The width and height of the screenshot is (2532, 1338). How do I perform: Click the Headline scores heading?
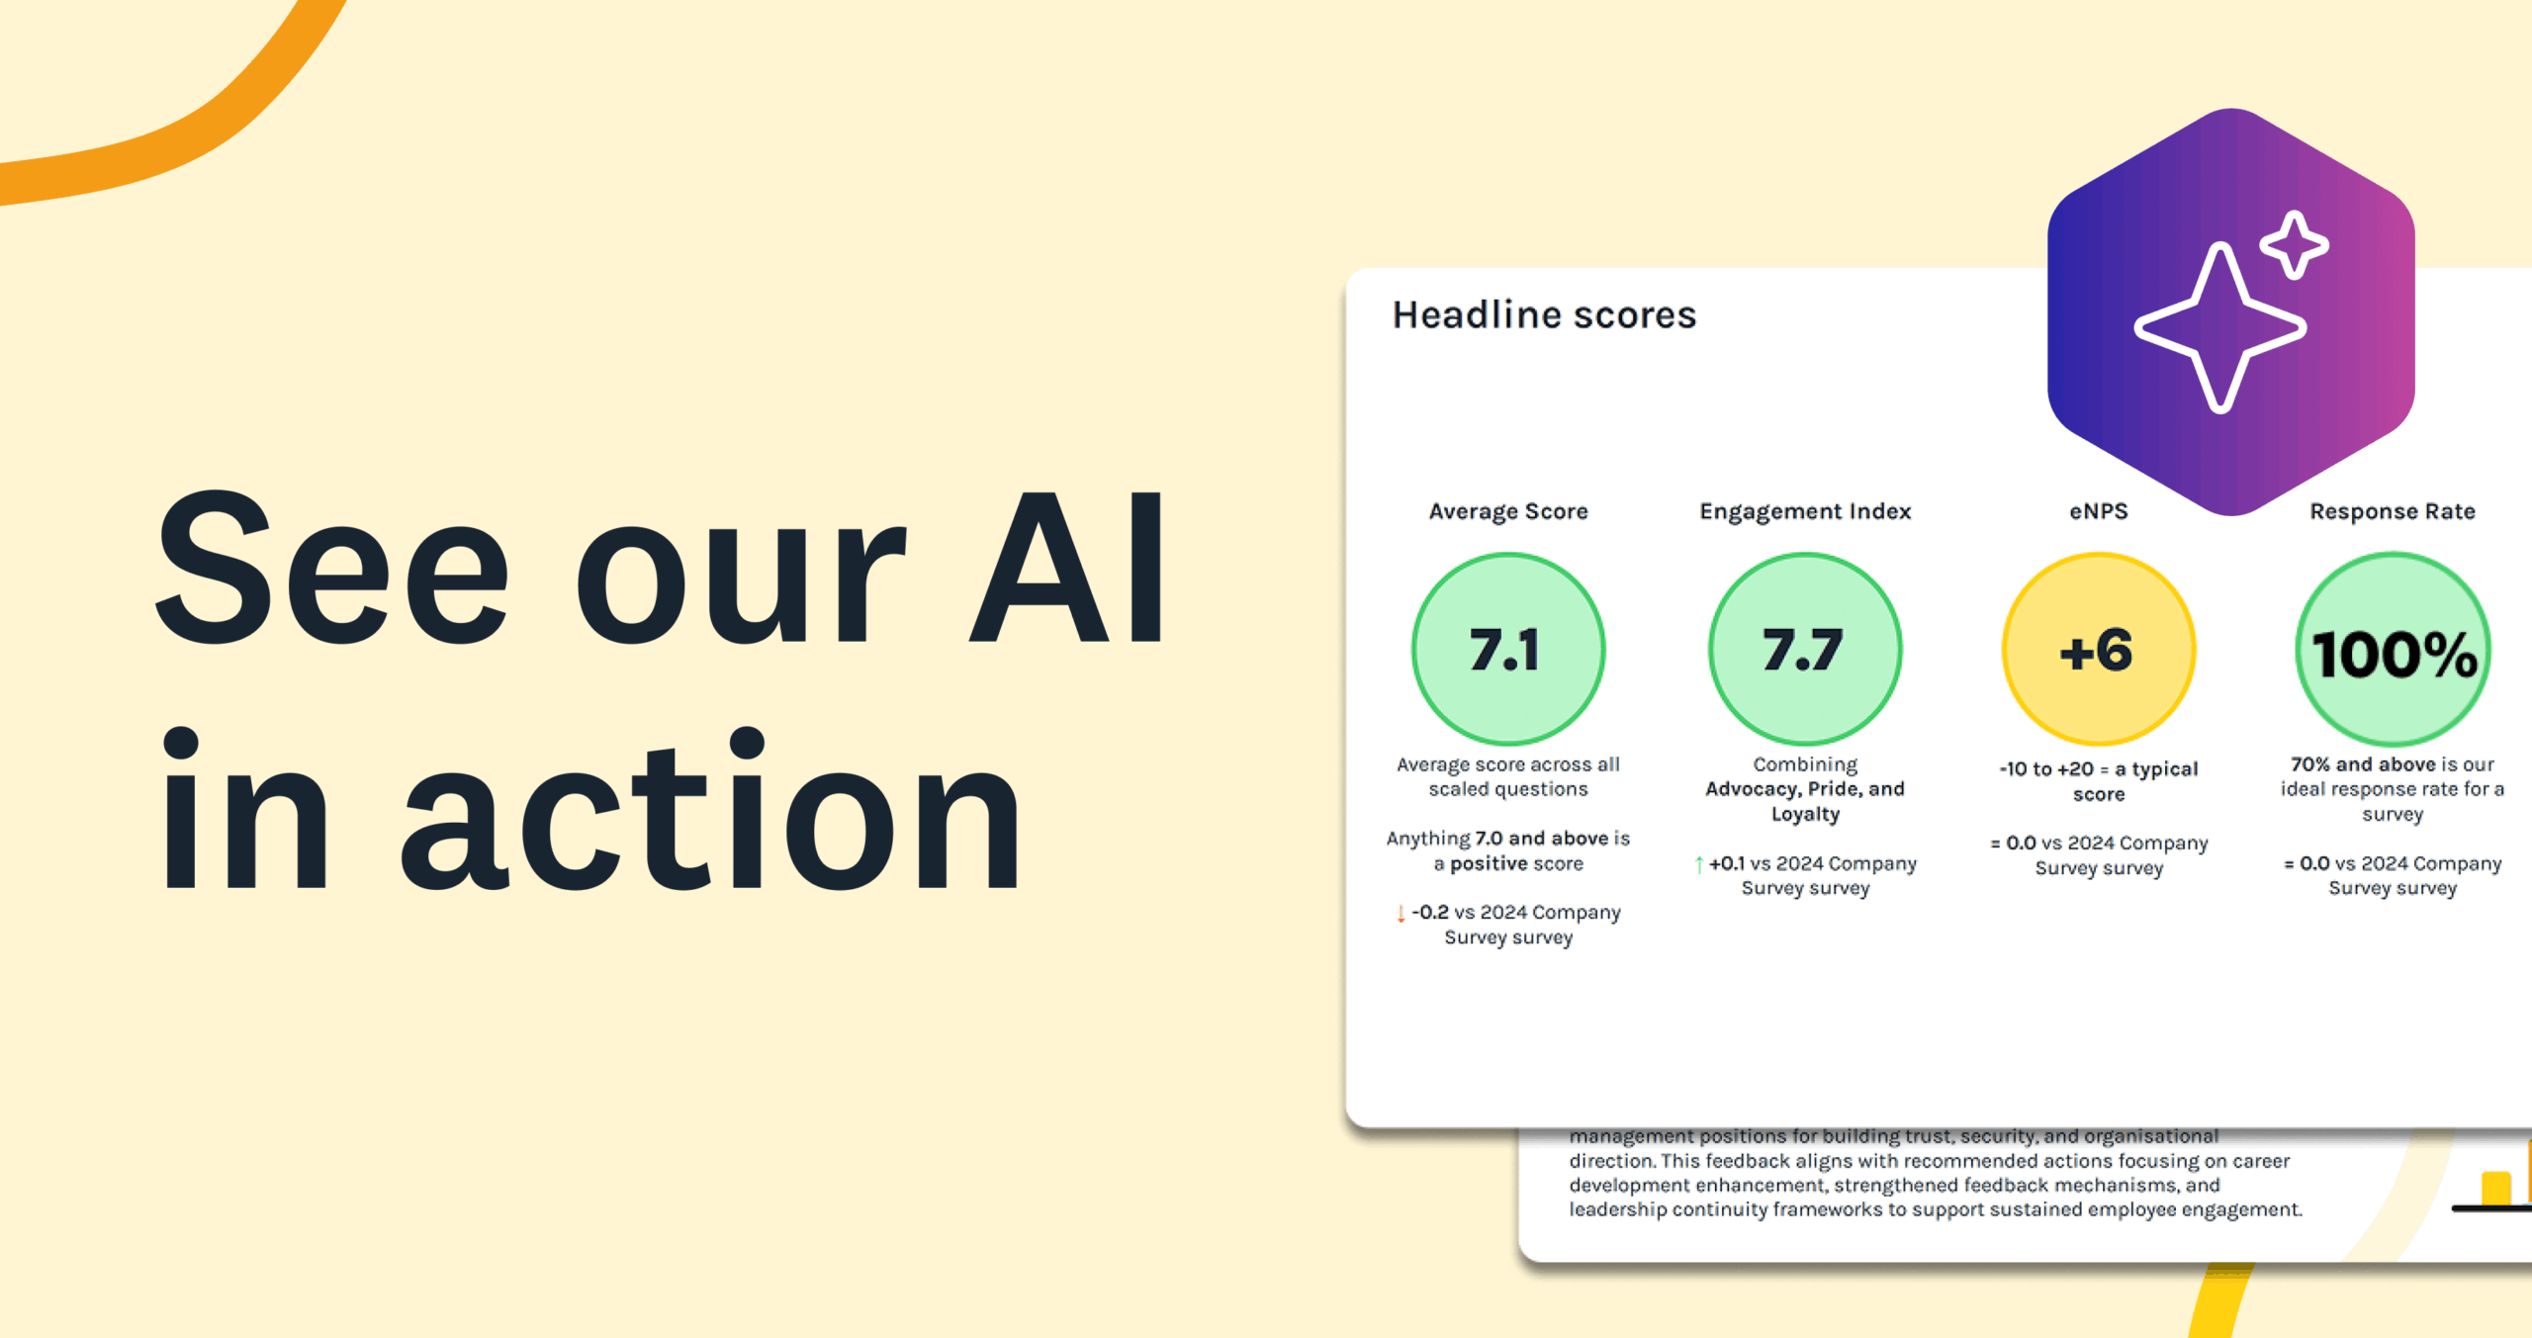[x=1544, y=315]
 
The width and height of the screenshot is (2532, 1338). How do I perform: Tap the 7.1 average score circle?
[x=1507, y=650]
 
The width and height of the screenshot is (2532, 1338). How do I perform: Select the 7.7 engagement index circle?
[x=1804, y=650]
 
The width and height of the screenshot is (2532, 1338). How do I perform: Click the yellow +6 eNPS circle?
[x=2098, y=650]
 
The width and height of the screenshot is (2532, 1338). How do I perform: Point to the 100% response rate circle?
[x=2393, y=650]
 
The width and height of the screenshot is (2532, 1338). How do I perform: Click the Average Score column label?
[x=1507, y=511]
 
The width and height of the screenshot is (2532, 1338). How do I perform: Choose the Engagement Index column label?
[x=1805, y=511]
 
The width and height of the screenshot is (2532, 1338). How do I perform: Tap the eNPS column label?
[x=2098, y=511]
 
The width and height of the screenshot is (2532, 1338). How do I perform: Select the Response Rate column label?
[x=2392, y=511]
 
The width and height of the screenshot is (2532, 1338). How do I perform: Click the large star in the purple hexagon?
[x=2220, y=327]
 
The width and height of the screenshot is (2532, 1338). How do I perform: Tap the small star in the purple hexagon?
[x=2295, y=244]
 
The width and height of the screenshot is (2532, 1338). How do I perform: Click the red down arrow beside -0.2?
[x=1401, y=913]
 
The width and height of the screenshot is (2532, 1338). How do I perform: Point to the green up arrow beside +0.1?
[x=1698, y=864]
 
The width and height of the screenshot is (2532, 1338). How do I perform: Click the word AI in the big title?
[x=1068, y=569]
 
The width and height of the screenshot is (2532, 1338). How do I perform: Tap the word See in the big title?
[x=332, y=569]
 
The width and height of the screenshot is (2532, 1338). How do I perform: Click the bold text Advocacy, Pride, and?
[x=1804, y=789]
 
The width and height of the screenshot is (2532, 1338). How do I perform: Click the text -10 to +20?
[x=2045, y=769]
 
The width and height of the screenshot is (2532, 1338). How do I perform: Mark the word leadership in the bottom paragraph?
[x=1617, y=1209]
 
